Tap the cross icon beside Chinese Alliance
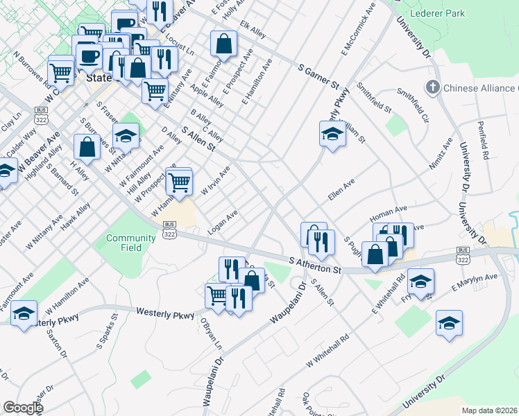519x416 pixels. (x=433, y=88)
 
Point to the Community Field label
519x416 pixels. (x=131, y=243)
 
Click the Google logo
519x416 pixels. (x=23, y=408)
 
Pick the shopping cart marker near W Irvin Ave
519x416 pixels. (x=180, y=182)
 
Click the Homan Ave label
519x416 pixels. (x=390, y=210)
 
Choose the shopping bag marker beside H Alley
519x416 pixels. (x=87, y=146)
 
